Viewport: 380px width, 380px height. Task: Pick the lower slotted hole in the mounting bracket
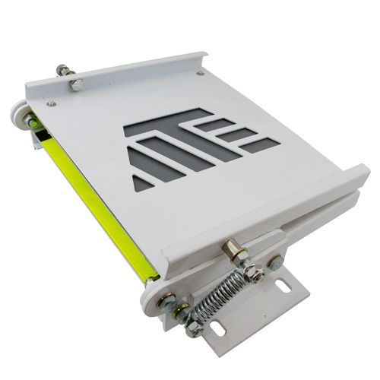[217, 329]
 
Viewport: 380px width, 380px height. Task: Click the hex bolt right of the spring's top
[274, 263]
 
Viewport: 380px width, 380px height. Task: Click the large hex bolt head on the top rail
[76, 84]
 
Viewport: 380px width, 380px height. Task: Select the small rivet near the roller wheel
[52, 103]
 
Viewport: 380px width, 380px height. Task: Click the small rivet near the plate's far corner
[201, 73]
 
